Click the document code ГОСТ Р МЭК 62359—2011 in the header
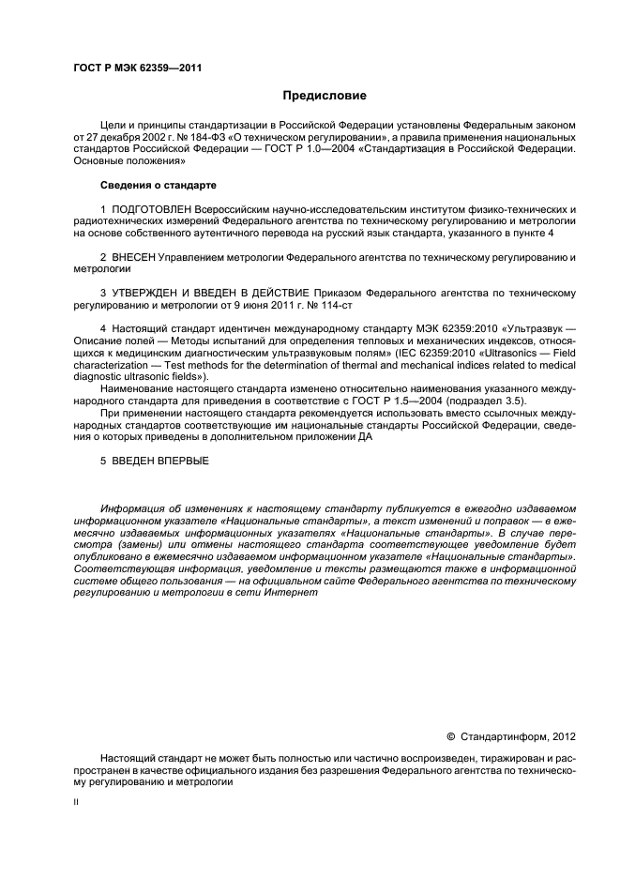point(137,68)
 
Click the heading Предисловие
point(325,96)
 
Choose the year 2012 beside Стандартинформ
point(563,736)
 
